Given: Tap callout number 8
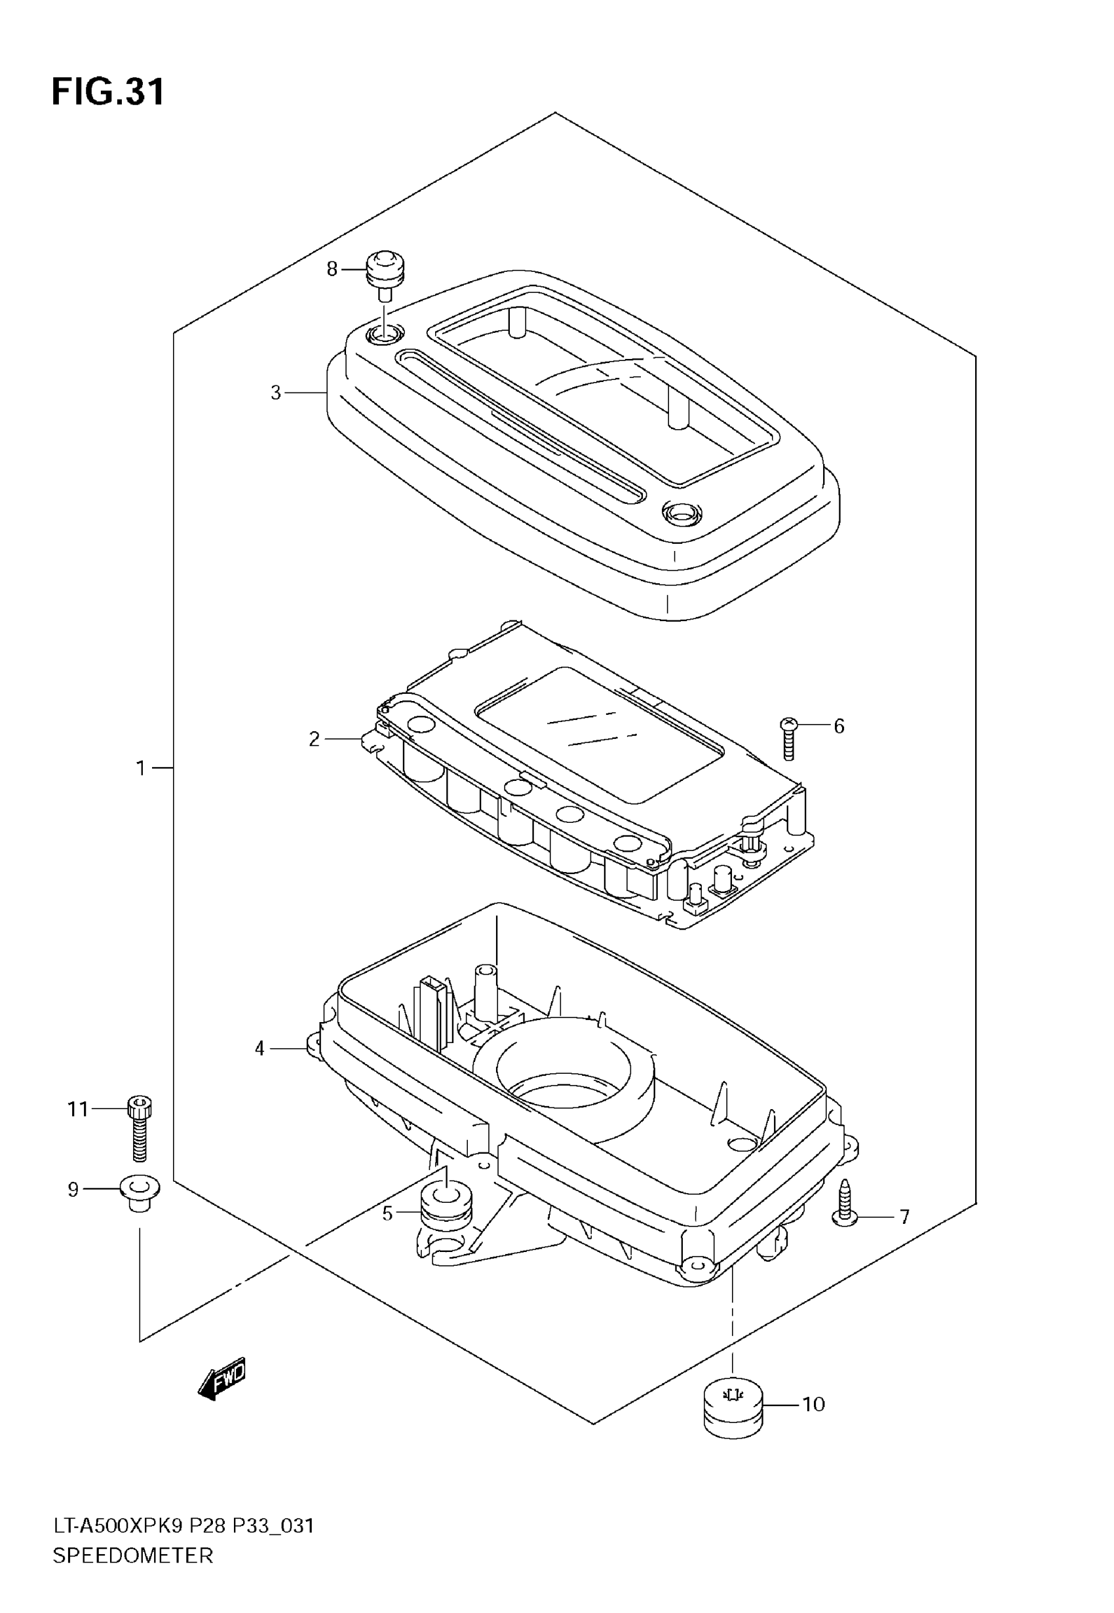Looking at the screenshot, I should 332,269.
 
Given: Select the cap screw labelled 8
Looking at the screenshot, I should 386,273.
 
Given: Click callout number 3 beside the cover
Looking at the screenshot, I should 276,393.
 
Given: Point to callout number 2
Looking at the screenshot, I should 314,739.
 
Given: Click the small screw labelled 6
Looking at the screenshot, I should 788,738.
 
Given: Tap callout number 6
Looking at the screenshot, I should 839,727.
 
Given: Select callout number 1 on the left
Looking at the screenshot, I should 140,768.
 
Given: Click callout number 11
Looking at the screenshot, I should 78,1109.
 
